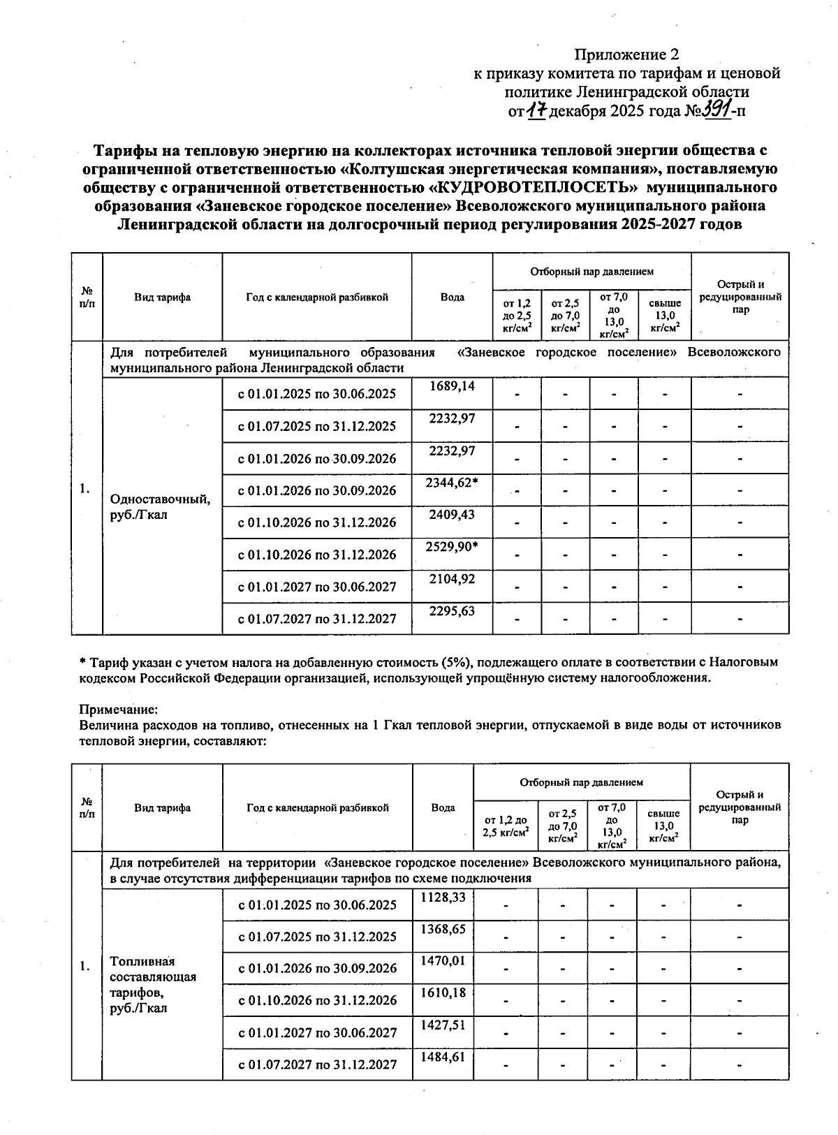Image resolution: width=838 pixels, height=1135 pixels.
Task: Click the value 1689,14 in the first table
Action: [x=452, y=386]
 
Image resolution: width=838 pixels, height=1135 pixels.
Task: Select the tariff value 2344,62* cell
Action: [x=452, y=482]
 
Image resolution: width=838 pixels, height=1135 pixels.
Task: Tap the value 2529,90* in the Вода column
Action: [x=452, y=546]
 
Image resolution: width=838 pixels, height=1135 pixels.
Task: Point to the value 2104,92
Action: [x=452, y=578]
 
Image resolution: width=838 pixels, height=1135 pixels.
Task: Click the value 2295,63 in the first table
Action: [x=452, y=610]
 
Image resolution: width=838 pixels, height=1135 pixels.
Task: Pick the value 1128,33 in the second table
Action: [x=443, y=896]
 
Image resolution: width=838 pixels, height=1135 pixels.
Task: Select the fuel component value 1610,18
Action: [x=443, y=992]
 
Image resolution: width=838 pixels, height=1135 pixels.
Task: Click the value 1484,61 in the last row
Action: [x=443, y=1056]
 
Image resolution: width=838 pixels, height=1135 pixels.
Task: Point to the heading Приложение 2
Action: [x=626, y=54]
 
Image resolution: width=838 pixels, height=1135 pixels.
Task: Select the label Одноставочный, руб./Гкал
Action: [x=161, y=507]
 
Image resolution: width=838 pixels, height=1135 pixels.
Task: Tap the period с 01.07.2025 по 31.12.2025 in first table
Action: [x=317, y=426]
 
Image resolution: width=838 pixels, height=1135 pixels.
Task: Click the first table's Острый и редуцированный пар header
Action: [x=740, y=297]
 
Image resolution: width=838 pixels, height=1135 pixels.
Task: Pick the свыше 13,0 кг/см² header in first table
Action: [x=665, y=316]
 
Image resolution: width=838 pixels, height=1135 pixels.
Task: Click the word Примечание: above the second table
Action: [x=114, y=709]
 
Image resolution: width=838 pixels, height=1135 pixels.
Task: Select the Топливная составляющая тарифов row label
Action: [x=153, y=985]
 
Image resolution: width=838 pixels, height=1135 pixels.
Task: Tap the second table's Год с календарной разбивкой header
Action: [x=318, y=807]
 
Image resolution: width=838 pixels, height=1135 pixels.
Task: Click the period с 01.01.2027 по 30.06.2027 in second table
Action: [x=317, y=1032]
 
